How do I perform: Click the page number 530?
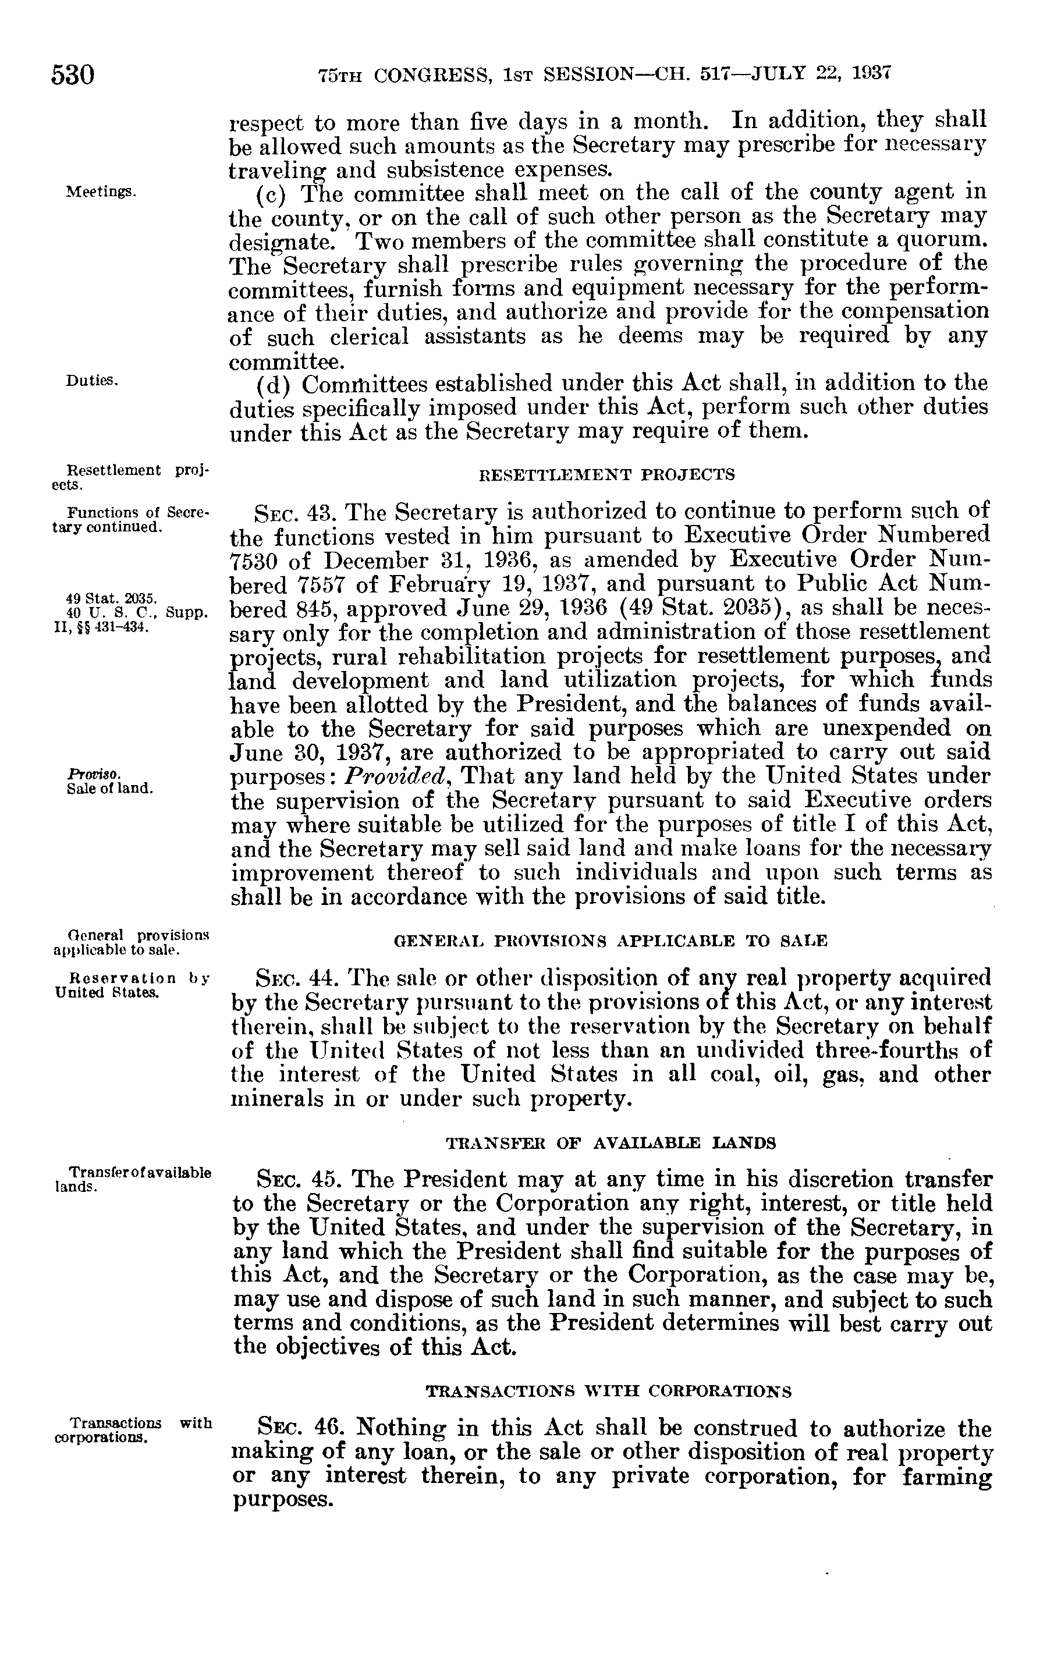coord(73,74)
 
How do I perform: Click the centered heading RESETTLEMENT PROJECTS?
coord(608,474)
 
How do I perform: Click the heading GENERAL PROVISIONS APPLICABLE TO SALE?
coord(610,941)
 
